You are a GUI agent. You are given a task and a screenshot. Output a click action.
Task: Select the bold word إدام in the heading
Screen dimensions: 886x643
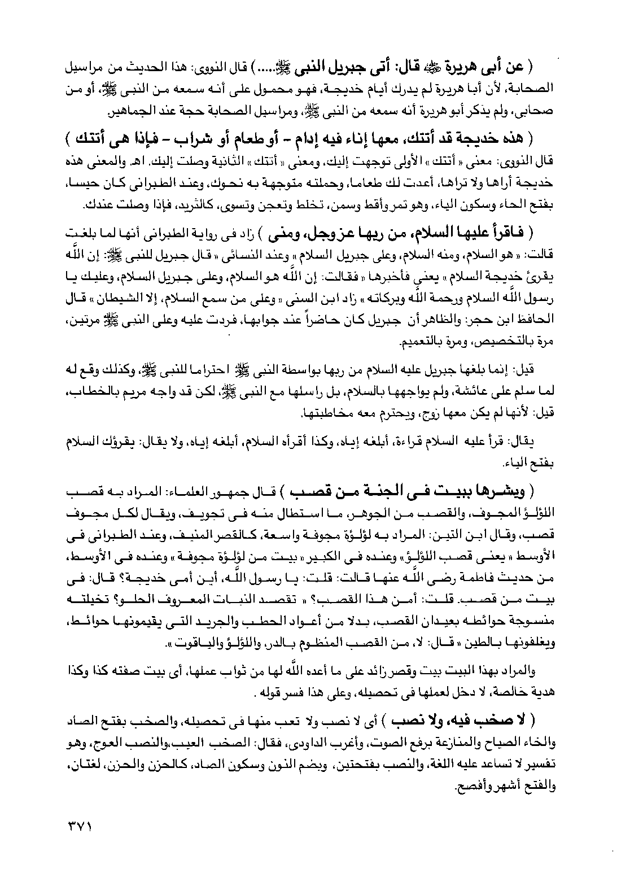[x=340, y=139]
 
